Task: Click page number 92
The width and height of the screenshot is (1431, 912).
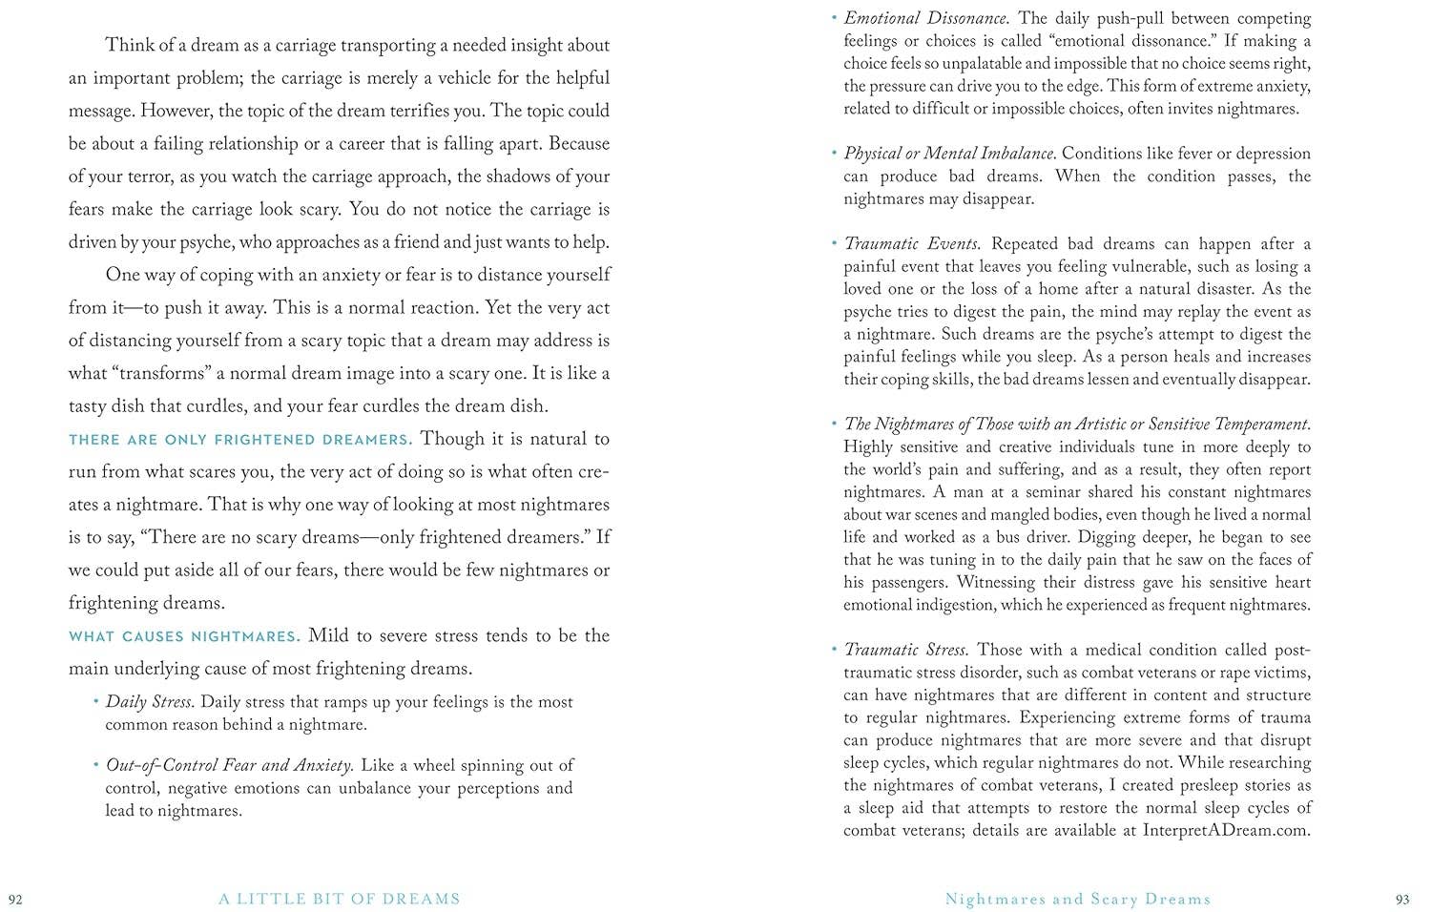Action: pos(15,899)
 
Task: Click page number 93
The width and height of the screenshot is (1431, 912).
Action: pos(1402,899)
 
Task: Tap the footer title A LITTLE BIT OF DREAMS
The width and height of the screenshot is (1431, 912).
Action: pos(339,899)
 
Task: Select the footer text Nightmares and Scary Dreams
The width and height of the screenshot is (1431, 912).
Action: pos(1077,899)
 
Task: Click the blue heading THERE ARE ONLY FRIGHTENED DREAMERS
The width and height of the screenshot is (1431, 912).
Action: pos(240,440)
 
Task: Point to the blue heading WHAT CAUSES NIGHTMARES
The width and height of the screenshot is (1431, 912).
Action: pos(184,636)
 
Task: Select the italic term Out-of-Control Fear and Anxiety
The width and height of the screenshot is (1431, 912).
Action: pos(230,765)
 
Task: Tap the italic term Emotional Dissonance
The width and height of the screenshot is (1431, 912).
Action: pos(926,18)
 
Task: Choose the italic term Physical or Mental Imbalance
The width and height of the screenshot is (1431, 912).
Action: pos(949,154)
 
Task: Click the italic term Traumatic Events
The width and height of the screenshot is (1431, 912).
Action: pos(912,244)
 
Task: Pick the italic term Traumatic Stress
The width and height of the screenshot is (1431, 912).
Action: pos(906,650)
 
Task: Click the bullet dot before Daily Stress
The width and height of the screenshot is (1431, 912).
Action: pos(96,701)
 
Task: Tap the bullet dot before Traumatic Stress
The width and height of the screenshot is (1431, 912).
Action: pos(834,649)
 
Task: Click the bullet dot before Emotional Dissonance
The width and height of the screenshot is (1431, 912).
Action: pos(834,17)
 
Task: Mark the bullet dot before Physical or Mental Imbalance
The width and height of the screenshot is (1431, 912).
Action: pos(834,153)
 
